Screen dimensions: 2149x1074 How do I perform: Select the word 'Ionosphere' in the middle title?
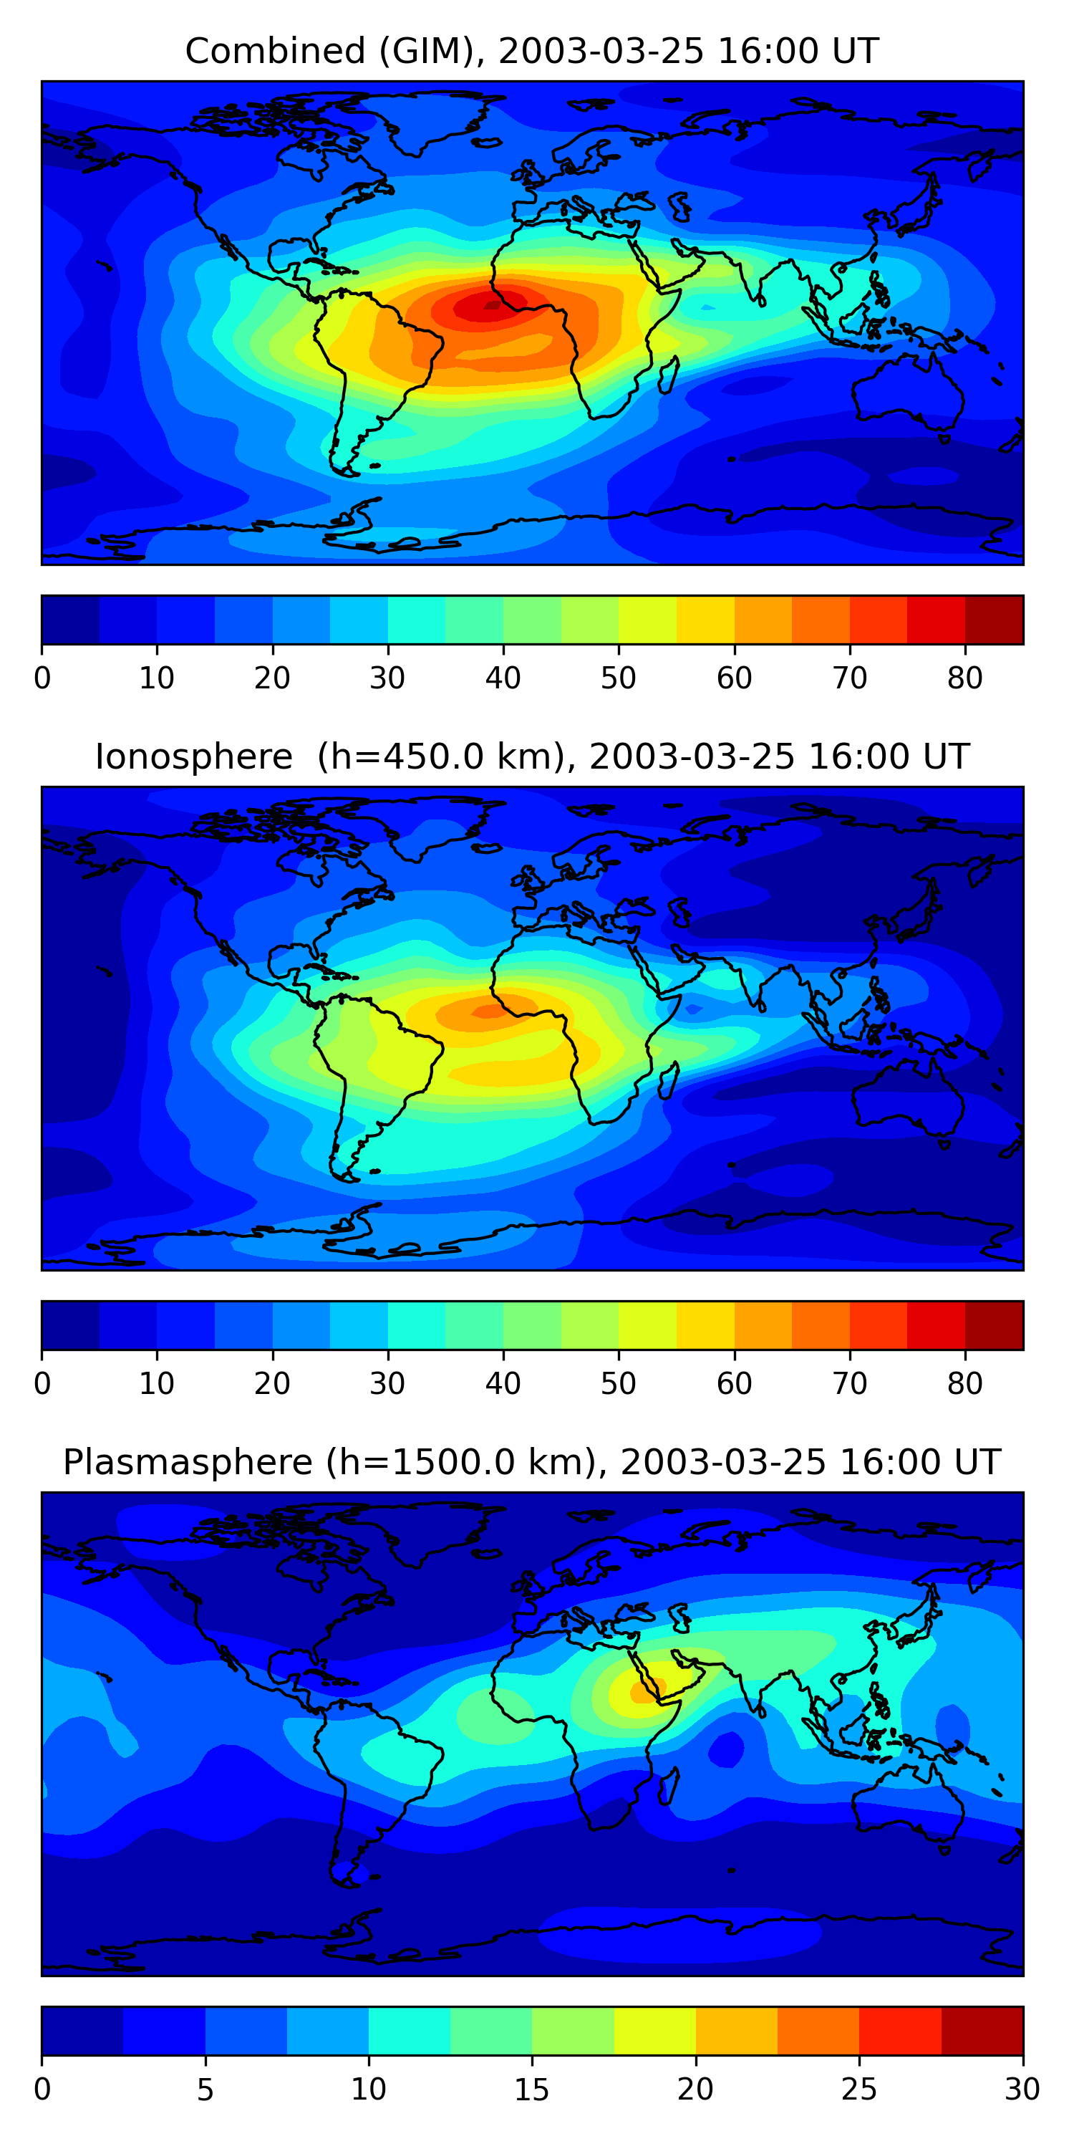(193, 756)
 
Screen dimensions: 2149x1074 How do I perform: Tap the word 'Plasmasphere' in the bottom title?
(188, 1463)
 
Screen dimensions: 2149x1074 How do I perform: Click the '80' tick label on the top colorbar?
(964, 678)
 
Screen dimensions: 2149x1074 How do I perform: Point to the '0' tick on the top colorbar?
(42, 678)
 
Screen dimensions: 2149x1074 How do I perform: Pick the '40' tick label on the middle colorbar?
(503, 1384)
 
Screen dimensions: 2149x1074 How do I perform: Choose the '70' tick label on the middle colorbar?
(850, 1384)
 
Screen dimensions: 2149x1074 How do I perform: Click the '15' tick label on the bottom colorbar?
(532, 2090)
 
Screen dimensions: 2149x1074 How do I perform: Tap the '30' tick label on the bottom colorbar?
(1022, 2090)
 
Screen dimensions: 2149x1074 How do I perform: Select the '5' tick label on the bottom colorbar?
(205, 2090)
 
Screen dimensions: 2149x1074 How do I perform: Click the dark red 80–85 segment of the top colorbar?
(994, 620)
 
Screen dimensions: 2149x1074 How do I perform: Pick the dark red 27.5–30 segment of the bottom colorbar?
(982, 2032)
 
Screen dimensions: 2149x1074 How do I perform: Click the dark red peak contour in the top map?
(492, 305)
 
